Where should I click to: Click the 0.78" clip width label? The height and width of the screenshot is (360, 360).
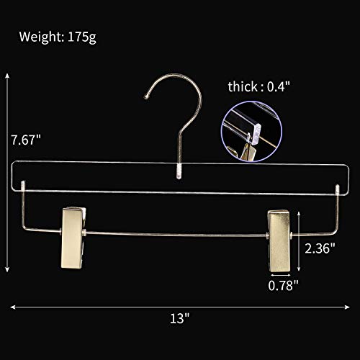(285, 286)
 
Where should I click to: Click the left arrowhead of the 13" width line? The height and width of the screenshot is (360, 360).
(12, 307)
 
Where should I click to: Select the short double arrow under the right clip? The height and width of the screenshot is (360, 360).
(283, 273)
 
